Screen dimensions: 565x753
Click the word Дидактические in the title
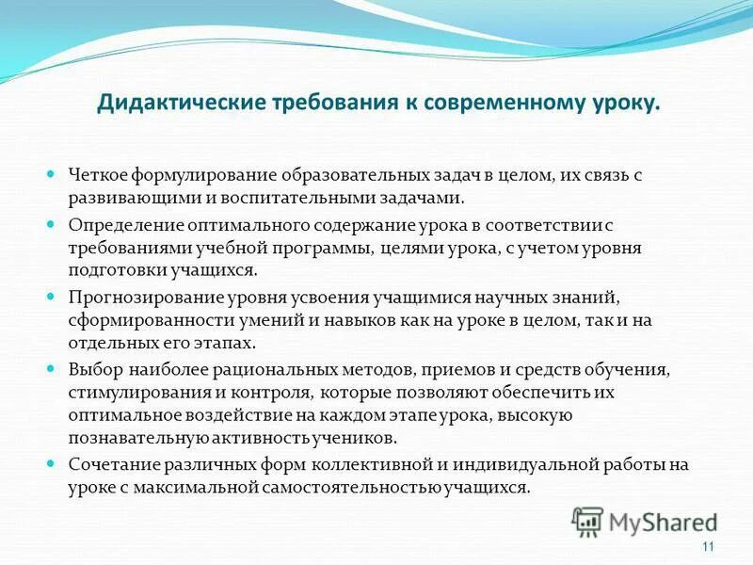coord(168,103)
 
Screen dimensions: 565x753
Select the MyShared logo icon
coord(588,522)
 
